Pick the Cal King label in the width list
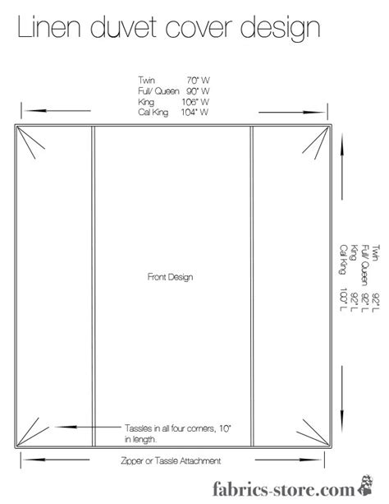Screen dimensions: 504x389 point(153,112)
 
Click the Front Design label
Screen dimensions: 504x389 point(171,278)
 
